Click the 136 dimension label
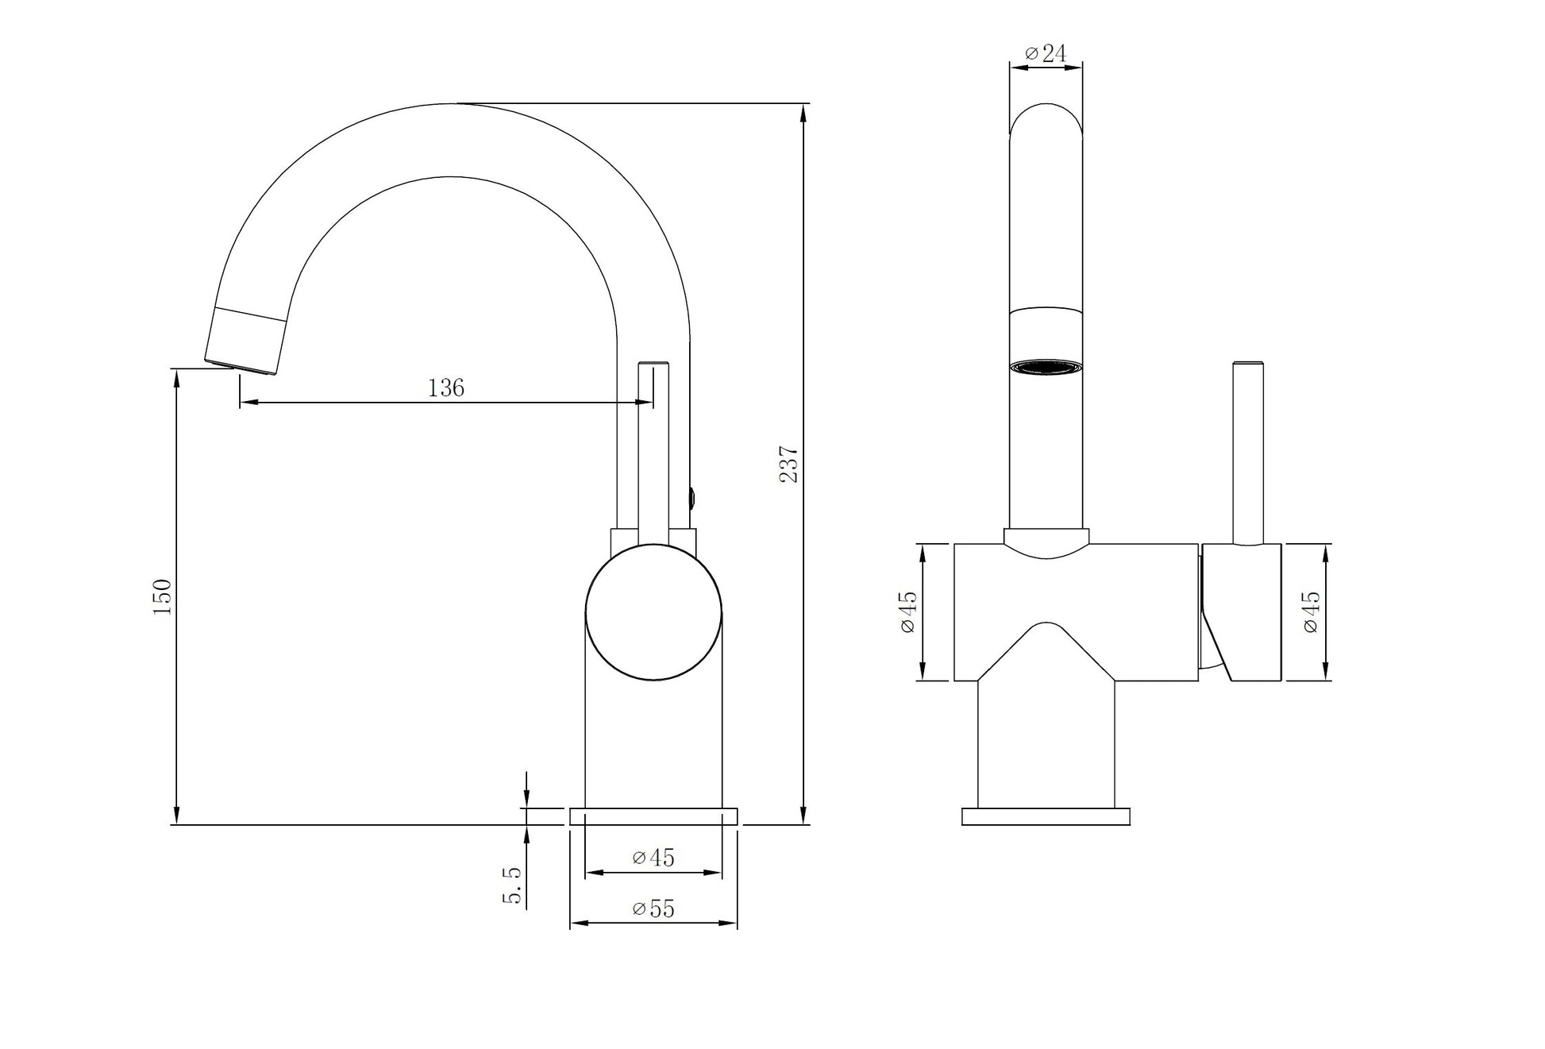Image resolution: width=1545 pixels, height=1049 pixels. point(446,388)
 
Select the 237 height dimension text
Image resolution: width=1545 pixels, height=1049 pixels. point(789,465)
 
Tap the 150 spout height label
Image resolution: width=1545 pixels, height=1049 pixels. point(162,597)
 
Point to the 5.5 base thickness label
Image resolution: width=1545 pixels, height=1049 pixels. point(513,885)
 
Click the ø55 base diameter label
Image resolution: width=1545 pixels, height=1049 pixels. point(653,908)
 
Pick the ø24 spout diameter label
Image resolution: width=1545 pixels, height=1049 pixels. point(1046,54)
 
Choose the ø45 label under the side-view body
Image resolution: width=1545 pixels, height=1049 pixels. point(653,858)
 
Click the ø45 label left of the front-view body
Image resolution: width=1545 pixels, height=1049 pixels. point(908,612)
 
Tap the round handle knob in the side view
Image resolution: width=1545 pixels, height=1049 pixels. point(654,612)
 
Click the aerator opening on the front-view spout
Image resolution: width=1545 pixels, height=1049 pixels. point(1046,367)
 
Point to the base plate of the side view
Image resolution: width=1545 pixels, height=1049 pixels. point(653,816)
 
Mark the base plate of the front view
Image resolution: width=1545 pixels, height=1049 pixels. point(1046,816)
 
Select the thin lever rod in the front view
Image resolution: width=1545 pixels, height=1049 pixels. point(1247,453)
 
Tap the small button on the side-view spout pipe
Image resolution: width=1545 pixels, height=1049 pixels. point(693,499)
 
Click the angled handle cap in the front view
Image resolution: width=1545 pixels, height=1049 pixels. point(1242,612)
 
